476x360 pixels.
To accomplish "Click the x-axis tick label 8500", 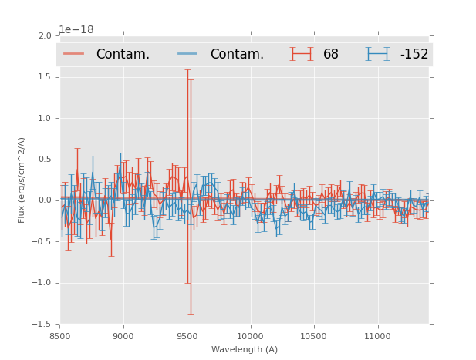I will pyautogui.click(x=60, y=336).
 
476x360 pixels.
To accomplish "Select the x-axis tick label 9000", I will pyautogui.click(x=123, y=336).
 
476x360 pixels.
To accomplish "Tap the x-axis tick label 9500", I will pyautogui.click(x=187, y=336).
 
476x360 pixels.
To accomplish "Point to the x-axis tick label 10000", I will pyautogui.click(x=250, y=336).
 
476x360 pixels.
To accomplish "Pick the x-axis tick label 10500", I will pyautogui.click(x=313, y=336).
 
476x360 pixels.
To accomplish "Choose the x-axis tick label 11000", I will pyautogui.click(x=376, y=336).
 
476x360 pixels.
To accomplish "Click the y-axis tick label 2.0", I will pyautogui.click(x=44, y=36).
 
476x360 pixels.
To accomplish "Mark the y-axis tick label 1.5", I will pyautogui.click(x=44, y=77).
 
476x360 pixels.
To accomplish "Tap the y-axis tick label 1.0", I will pyautogui.click(x=44, y=118).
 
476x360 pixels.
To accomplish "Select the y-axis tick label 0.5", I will pyautogui.click(x=44, y=160).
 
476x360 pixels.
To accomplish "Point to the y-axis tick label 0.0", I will pyautogui.click(x=44, y=200).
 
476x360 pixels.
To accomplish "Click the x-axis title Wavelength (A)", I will pyautogui.click(x=245, y=349).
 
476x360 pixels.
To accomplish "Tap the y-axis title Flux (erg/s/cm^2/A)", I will pyautogui.click(x=22, y=180).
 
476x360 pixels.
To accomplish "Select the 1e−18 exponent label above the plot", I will pyautogui.click(x=76, y=30).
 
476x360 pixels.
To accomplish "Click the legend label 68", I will pyautogui.click(x=331, y=54).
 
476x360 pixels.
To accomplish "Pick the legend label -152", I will pyautogui.click(x=414, y=54).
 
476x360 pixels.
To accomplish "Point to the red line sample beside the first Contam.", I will pyautogui.click(x=74, y=54).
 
